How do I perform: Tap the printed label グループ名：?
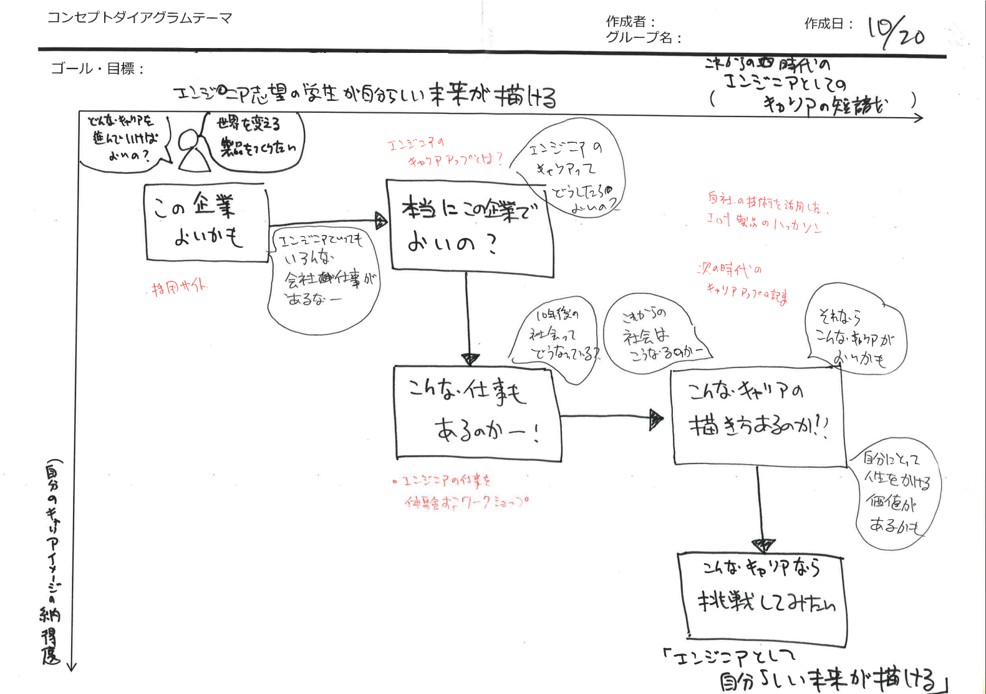pos(644,37)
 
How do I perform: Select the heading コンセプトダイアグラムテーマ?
pos(140,17)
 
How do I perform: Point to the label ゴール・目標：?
pos(97,69)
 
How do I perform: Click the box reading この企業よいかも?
pos(206,222)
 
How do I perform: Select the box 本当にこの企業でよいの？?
pos(470,227)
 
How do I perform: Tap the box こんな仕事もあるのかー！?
pos(478,412)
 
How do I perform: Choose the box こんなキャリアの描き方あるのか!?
pos(758,416)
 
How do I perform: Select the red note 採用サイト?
pos(180,287)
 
